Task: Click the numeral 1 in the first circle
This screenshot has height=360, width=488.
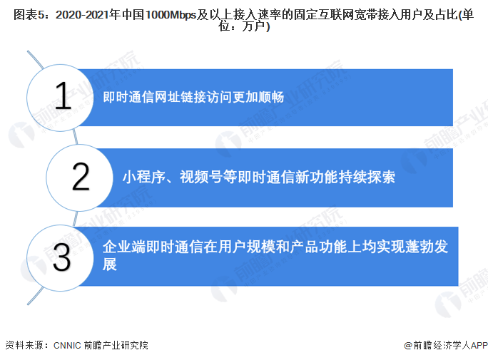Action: coord(63,96)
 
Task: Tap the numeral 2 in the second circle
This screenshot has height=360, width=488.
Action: coord(81,177)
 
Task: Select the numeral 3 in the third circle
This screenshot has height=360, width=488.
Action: coord(61,257)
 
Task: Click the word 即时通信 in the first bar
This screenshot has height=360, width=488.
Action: coord(128,97)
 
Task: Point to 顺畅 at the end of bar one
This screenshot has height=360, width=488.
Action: coord(271,97)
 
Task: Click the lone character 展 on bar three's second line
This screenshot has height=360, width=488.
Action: coord(110,264)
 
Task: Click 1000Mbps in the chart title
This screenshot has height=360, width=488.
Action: coord(171,14)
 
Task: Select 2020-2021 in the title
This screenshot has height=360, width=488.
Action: coord(82,14)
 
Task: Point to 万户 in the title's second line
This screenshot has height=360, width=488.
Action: coord(253,26)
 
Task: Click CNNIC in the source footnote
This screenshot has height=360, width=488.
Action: coord(67,346)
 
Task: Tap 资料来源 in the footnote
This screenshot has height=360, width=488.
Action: coord(24,346)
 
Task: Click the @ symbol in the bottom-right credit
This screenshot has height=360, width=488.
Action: coord(408,346)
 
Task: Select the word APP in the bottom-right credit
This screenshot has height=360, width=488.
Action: coord(479,346)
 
